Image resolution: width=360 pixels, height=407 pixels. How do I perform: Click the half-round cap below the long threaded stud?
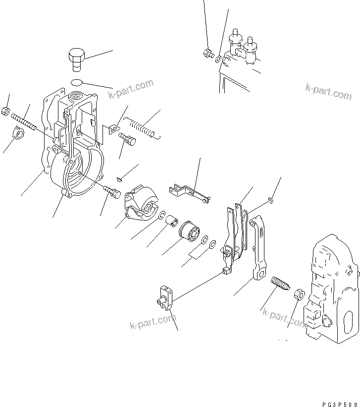coord(18,134)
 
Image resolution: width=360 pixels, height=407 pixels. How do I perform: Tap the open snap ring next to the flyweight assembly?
coord(162,215)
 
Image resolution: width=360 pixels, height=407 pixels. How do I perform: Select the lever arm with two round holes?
coord(257,248)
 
